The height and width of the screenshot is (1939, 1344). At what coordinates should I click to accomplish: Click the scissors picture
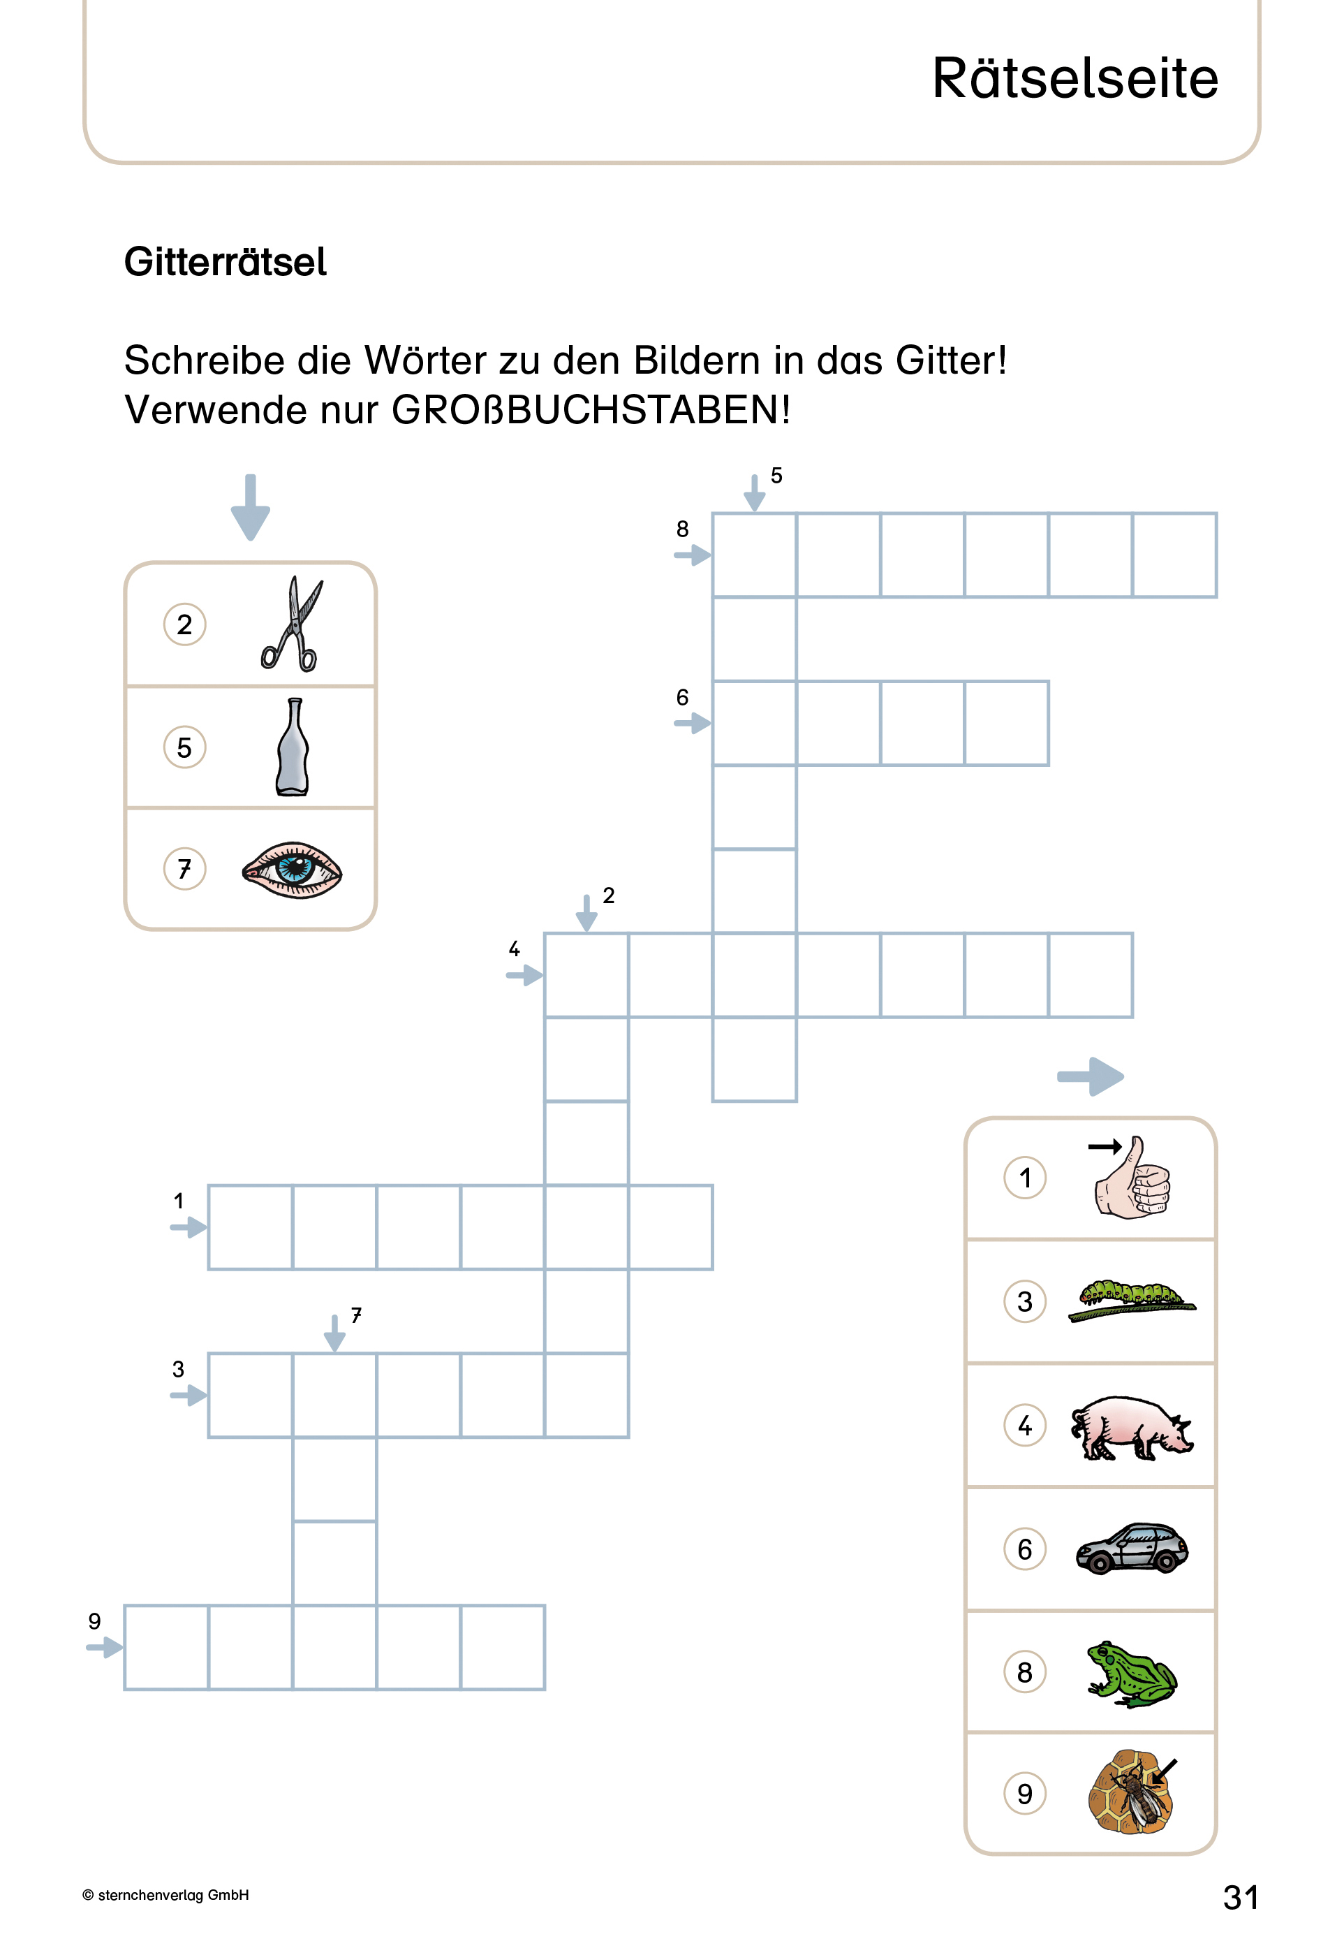click(x=291, y=624)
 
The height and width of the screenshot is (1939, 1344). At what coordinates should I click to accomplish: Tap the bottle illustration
click(x=293, y=747)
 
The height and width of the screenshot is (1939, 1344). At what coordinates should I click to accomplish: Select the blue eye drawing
click(x=291, y=869)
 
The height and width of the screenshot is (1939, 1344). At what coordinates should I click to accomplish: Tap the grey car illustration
click(x=1131, y=1548)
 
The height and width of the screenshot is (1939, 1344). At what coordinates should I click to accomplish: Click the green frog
click(x=1131, y=1672)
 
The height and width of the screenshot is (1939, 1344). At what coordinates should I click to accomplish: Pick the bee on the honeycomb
click(x=1131, y=1792)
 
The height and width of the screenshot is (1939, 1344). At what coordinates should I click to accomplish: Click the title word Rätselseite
click(x=1075, y=78)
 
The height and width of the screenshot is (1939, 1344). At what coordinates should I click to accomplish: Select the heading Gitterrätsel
click(x=225, y=262)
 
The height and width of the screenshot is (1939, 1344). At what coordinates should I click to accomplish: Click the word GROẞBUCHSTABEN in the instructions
click(x=589, y=410)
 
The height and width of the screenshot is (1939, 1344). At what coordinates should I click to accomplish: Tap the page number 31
click(x=1241, y=1897)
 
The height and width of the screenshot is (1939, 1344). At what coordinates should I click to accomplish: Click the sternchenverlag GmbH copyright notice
click(x=166, y=1895)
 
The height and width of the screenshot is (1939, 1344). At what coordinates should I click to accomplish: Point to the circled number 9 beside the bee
click(x=1024, y=1793)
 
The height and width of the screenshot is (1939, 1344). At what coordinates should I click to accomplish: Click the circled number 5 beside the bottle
click(x=184, y=747)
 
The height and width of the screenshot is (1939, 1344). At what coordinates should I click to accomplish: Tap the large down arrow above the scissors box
click(x=250, y=507)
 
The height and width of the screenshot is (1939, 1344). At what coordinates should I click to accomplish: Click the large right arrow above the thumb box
click(x=1091, y=1076)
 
